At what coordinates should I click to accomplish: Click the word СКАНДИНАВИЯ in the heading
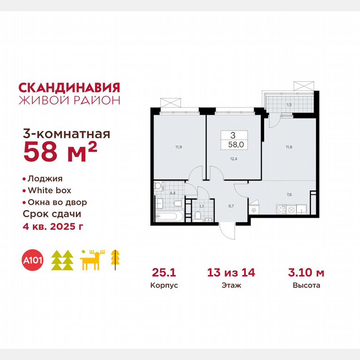(x=69, y=87)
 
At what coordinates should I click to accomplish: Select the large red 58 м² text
(x=60, y=152)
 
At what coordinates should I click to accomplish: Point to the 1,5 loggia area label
(x=288, y=104)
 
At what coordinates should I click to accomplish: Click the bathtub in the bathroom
(x=168, y=216)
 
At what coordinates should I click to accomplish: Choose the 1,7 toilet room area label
(x=202, y=205)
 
